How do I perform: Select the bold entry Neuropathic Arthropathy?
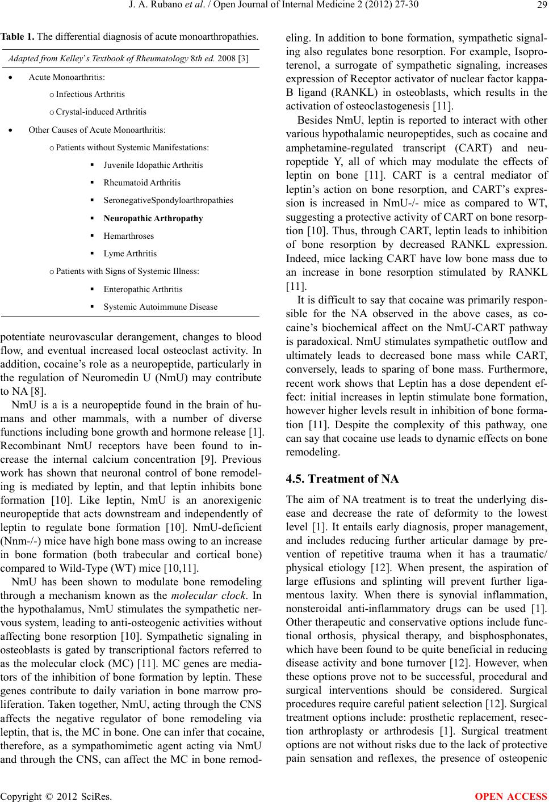(x=153, y=218)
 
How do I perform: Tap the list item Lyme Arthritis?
(x=130, y=254)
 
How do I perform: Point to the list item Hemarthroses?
(x=128, y=236)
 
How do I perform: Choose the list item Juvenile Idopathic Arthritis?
(x=153, y=165)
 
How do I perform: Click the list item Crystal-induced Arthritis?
(x=101, y=112)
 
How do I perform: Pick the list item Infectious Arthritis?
(x=90, y=94)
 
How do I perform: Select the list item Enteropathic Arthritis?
(x=143, y=289)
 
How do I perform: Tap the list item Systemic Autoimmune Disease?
(x=160, y=307)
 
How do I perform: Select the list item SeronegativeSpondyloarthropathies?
(x=168, y=200)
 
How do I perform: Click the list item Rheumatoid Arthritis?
(x=142, y=183)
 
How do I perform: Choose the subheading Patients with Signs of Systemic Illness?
(x=128, y=271)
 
